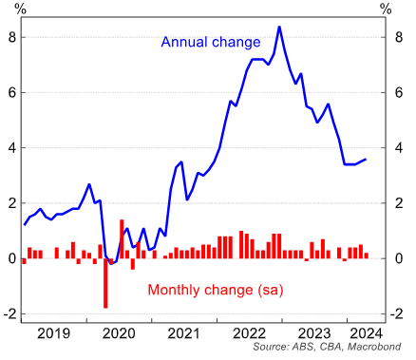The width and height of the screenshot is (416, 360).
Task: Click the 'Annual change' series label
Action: pyautogui.click(x=210, y=43)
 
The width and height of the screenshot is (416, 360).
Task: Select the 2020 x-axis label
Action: pyautogui.click(x=117, y=333)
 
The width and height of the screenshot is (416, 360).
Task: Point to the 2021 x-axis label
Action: pyautogui.click(x=183, y=333)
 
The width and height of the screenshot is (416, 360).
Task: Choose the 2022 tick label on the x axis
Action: pyautogui.click(x=250, y=333)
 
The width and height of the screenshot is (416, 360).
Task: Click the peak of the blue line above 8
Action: pyautogui.click(x=278, y=27)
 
